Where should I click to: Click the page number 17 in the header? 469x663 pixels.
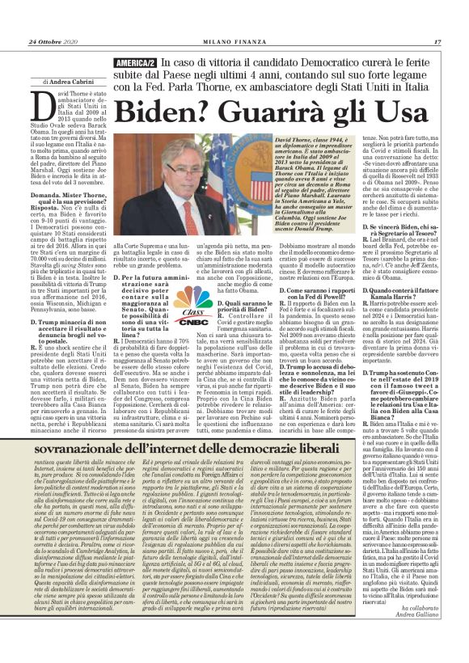click(x=458, y=41)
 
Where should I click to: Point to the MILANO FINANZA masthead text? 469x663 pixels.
click(x=234, y=41)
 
